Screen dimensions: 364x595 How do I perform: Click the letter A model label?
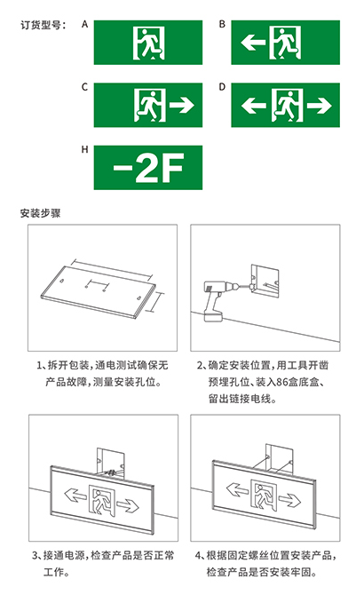coord(85,24)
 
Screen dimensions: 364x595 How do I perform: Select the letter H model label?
coord(85,149)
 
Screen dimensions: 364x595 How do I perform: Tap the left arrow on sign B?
coord(253,42)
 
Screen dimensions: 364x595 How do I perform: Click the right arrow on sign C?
coord(182,105)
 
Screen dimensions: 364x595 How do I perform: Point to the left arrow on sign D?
coord(253,105)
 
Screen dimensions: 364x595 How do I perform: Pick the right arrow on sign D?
coord(319,105)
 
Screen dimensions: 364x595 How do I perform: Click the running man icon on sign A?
coord(148,43)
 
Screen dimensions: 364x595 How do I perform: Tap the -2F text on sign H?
coord(148,167)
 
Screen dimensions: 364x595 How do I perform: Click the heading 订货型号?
coord(43,25)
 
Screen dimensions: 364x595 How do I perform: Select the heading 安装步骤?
coord(40,213)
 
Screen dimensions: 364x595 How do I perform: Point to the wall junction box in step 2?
coord(265,282)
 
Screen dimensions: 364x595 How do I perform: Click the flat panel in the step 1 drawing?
coord(99,292)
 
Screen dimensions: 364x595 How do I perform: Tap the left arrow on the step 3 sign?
coord(75,494)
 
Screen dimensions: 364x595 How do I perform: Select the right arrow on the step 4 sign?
coord(289,500)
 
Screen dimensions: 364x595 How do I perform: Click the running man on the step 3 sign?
coord(101,501)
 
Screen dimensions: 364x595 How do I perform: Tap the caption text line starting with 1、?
coord(103,365)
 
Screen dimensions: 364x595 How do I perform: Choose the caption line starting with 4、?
coord(265,555)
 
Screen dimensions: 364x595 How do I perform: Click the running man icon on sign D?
coord(287,106)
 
